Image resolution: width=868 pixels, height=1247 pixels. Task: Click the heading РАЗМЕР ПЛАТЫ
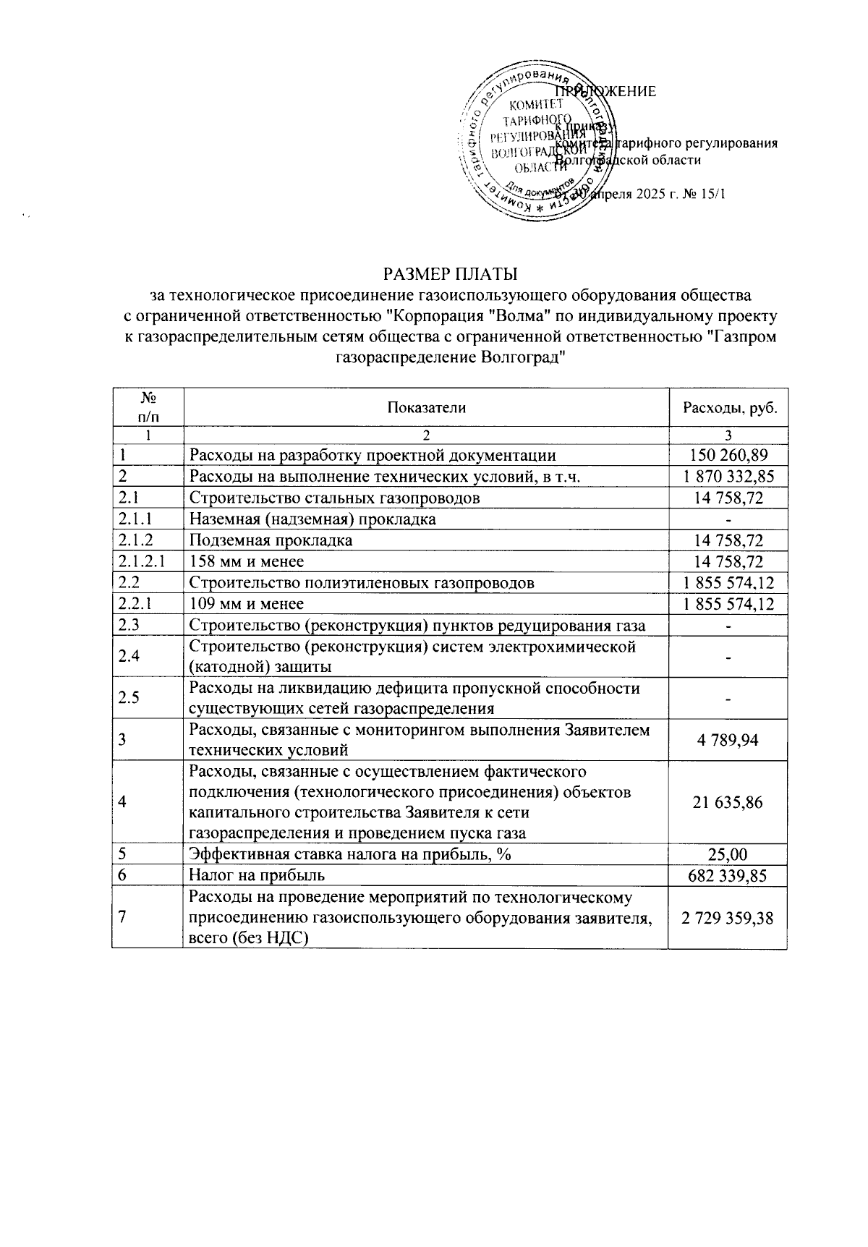tap(450, 275)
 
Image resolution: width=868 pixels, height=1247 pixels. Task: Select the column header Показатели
tap(426, 407)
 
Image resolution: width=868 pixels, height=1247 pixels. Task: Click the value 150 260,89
tap(728, 455)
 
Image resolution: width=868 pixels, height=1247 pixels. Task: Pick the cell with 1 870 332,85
tap(728, 476)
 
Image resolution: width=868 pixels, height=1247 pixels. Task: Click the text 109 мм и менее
tap(247, 603)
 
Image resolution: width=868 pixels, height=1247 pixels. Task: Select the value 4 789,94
tap(728, 740)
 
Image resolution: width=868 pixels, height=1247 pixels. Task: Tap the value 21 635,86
tap(728, 801)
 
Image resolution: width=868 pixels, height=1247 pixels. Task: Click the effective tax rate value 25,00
tap(728, 854)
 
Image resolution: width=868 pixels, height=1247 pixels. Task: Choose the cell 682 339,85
tap(728, 875)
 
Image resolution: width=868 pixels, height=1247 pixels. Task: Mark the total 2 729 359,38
tap(728, 918)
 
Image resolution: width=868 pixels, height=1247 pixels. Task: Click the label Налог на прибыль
tap(257, 875)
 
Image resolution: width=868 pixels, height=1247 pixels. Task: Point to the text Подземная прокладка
tap(271, 540)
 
